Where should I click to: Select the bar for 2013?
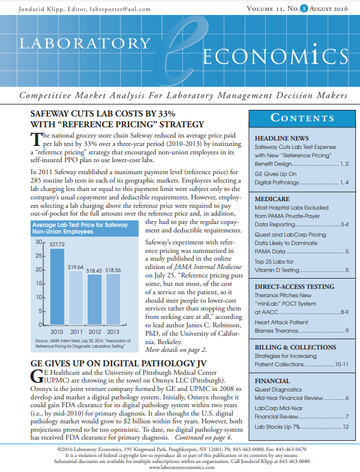pyautogui.click(x=112, y=299)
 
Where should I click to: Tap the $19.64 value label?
pyautogui.click(x=76, y=266)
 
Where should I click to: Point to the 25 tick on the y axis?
pyautogui.click(x=41, y=256)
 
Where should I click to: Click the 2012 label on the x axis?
pyautogui.click(x=94, y=331)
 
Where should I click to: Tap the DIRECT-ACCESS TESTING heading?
pyautogui.click(x=295, y=287)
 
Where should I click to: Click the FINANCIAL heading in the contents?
pyautogui.click(x=272, y=381)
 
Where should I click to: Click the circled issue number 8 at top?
pyautogui.click(x=295, y=9)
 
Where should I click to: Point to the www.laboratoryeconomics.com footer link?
pyautogui.click(x=180, y=467)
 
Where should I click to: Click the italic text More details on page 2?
pyautogui.click(x=176, y=349)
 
